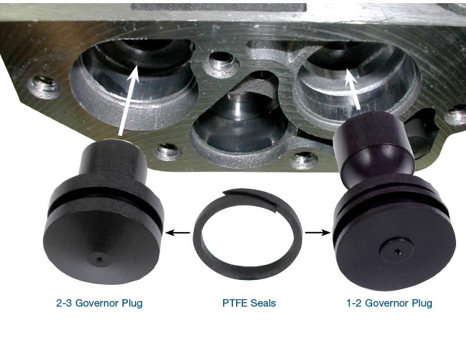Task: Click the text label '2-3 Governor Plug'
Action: (x=99, y=303)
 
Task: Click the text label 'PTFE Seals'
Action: (x=249, y=303)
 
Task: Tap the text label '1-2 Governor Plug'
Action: (x=390, y=303)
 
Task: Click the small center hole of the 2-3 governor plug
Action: (x=99, y=260)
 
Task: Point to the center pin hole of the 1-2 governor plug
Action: (x=398, y=252)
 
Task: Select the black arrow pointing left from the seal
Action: (x=178, y=233)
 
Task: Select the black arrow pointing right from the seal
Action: (x=318, y=233)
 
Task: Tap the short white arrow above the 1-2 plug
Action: (x=353, y=88)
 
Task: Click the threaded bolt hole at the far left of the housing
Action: (x=44, y=87)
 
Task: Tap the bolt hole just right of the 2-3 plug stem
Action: (x=168, y=151)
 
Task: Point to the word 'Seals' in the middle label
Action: (x=263, y=303)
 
